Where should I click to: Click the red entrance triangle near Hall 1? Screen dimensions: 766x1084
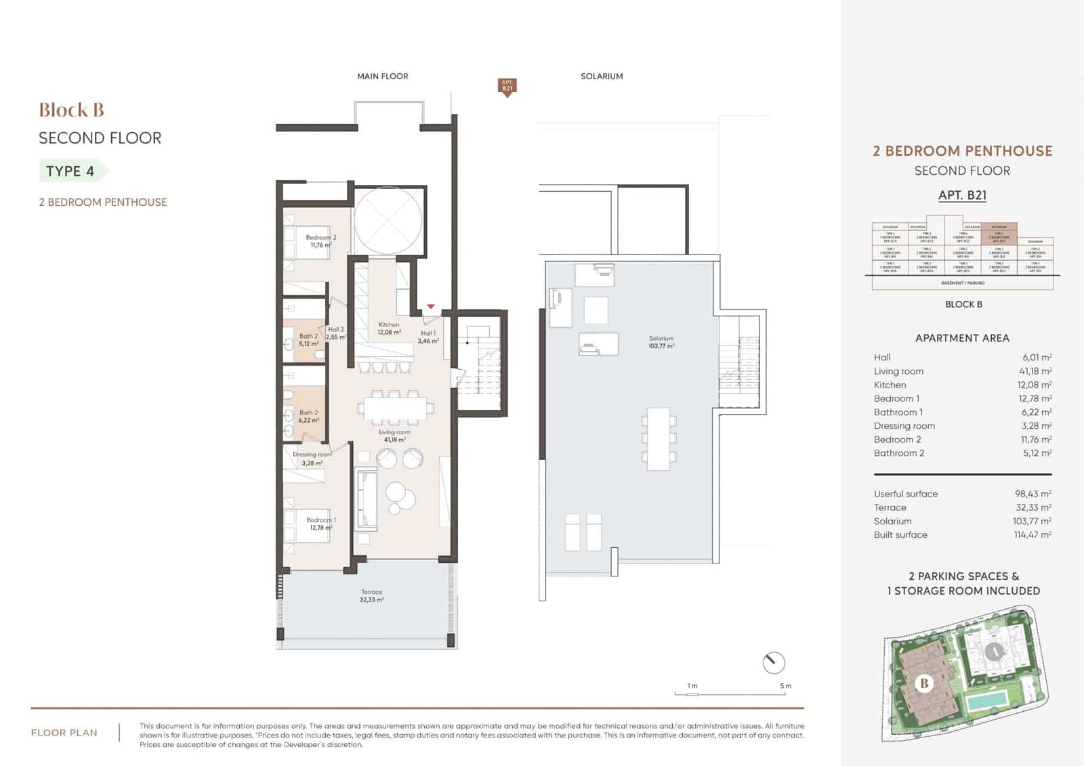click(431, 307)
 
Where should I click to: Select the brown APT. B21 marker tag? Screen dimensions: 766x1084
click(507, 87)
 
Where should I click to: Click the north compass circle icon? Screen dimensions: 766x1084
click(773, 662)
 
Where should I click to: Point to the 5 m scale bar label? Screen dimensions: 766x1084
click(785, 686)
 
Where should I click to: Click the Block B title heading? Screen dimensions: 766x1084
click(71, 110)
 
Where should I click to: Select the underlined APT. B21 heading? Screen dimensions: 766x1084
click(962, 195)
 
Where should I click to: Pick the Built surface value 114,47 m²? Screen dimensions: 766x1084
click(1032, 534)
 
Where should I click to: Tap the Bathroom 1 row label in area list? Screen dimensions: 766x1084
click(898, 412)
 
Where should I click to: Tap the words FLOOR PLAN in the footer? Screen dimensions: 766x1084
click(64, 733)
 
